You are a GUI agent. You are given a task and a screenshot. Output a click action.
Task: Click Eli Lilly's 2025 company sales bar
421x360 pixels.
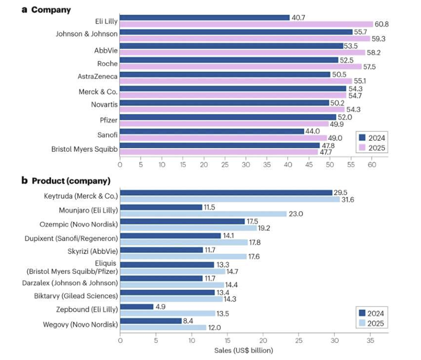tap(246, 24)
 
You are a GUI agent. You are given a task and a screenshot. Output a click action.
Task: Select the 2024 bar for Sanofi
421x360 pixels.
tap(212, 131)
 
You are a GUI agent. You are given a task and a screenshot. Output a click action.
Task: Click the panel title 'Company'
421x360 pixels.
tap(50, 10)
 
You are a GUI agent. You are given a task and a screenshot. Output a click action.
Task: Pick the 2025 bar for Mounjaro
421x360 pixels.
tap(203, 214)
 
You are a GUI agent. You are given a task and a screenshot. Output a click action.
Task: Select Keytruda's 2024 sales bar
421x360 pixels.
tap(226, 192)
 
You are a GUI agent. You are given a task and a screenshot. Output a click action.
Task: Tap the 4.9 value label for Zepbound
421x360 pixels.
tap(161, 307)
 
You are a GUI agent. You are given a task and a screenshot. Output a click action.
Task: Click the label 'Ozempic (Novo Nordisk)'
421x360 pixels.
tap(84, 224)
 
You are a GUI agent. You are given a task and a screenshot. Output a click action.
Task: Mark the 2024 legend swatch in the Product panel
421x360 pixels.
tap(362, 313)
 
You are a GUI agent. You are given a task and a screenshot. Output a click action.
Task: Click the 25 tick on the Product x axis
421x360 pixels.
tap(299, 340)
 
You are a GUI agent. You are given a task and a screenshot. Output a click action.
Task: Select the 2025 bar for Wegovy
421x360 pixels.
tap(163, 328)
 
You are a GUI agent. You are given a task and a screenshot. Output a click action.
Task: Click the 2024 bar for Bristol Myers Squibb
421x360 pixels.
tap(220, 145)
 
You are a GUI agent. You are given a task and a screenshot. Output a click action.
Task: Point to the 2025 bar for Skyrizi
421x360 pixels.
tap(183, 257)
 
